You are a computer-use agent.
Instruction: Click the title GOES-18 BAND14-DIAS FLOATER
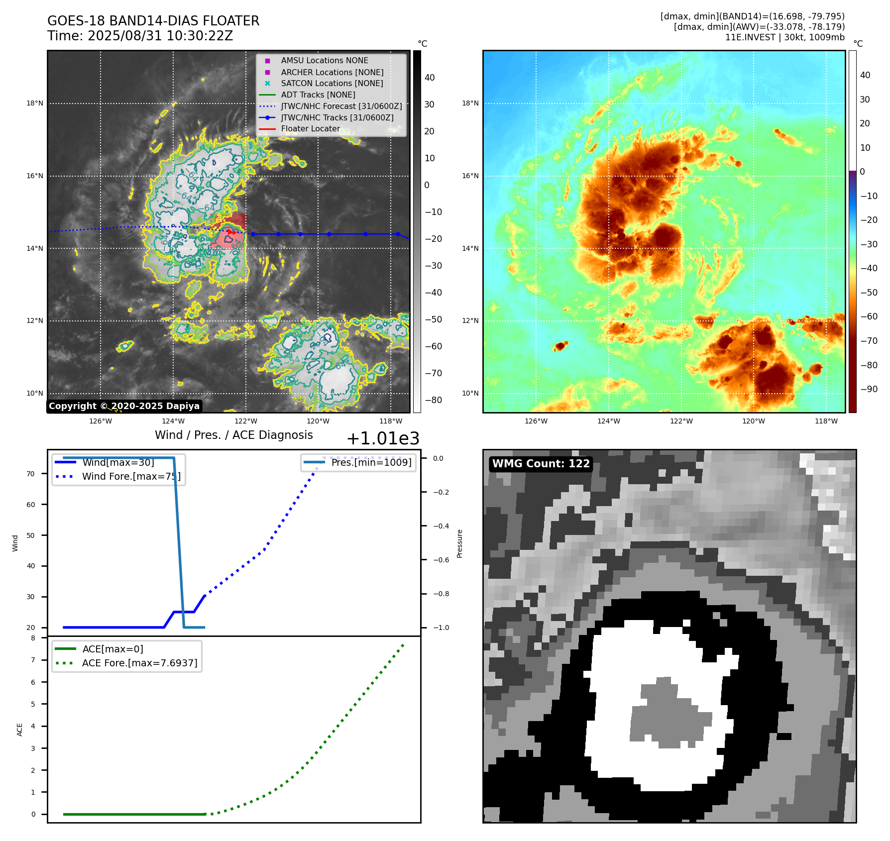click(153, 21)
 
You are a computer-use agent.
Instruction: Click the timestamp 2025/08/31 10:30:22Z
click(160, 36)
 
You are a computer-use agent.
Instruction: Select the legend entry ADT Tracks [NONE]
click(318, 95)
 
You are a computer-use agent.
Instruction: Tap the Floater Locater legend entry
click(310, 128)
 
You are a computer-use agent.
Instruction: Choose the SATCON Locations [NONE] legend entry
click(332, 83)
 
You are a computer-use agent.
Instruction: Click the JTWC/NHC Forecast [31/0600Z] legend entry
click(341, 106)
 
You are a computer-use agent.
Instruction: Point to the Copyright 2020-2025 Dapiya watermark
click(124, 406)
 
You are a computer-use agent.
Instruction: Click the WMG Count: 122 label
click(541, 464)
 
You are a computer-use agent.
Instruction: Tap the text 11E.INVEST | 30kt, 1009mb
click(784, 37)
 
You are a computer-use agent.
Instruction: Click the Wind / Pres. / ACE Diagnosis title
click(233, 435)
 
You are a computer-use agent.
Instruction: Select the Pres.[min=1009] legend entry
click(371, 462)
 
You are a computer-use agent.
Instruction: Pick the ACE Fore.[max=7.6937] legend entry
click(139, 663)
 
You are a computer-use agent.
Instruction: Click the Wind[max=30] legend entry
click(118, 462)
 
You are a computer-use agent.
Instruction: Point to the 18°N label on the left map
click(35, 104)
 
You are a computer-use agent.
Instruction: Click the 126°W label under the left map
click(101, 421)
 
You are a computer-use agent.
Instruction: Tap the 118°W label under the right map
click(826, 421)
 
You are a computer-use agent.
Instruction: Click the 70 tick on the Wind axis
click(31, 474)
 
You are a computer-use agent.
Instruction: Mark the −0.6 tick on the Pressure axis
click(441, 560)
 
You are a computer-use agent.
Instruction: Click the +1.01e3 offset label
click(382, 438)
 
